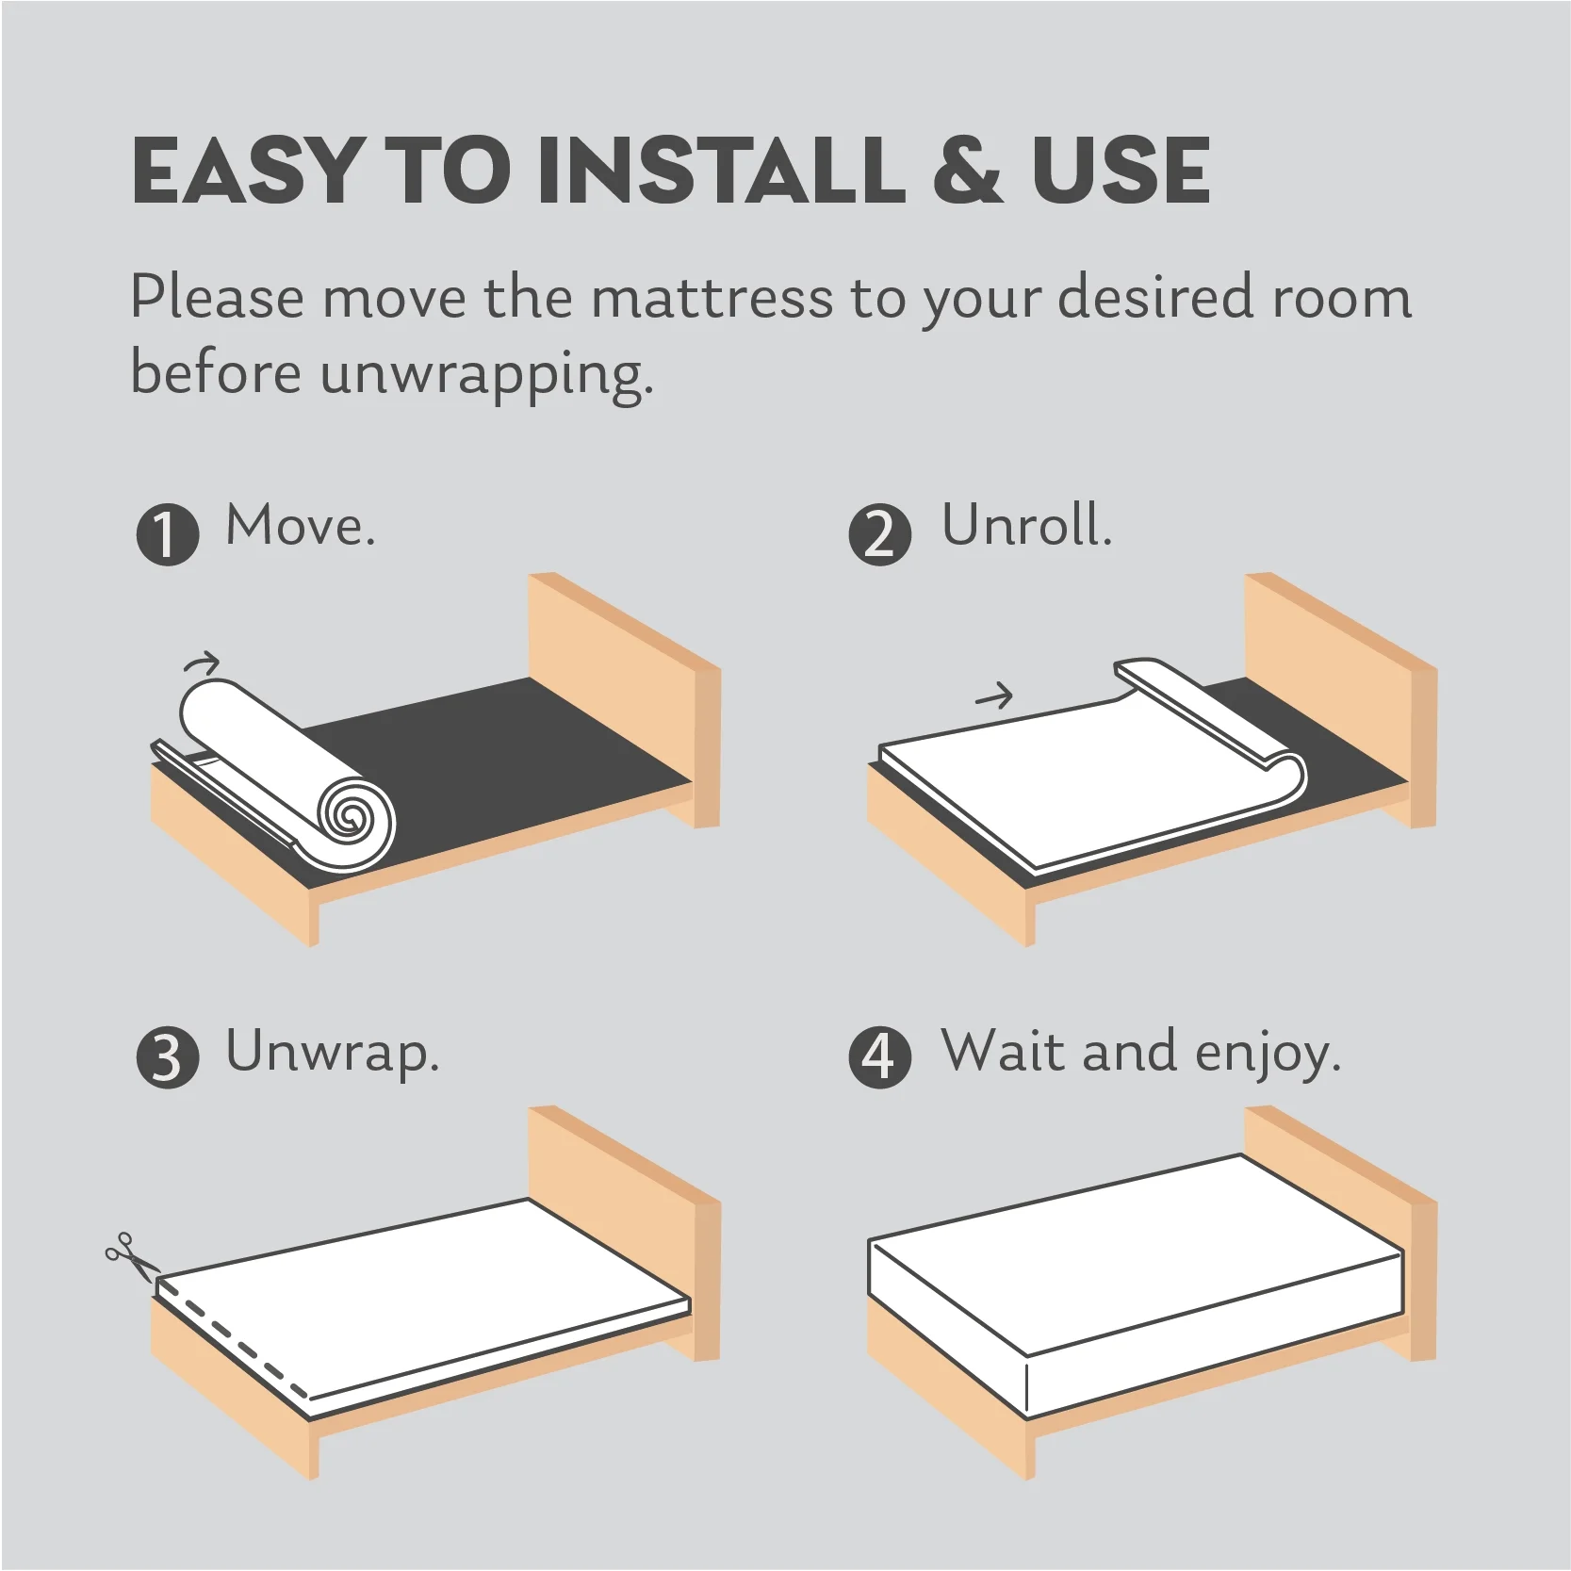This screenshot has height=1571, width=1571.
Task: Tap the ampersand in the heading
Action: [x=965, y=171]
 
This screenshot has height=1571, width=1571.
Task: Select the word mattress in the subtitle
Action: [x=712, y=297]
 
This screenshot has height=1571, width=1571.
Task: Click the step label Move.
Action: [x=300, y=525]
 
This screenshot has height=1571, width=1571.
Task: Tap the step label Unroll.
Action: [x=1026, y=525]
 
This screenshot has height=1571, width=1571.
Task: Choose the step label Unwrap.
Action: [x=332, y=1053]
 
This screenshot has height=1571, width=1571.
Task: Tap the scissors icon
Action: [x=129, y=1257]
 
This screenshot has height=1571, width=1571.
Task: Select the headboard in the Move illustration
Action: [x=624, y=699]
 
